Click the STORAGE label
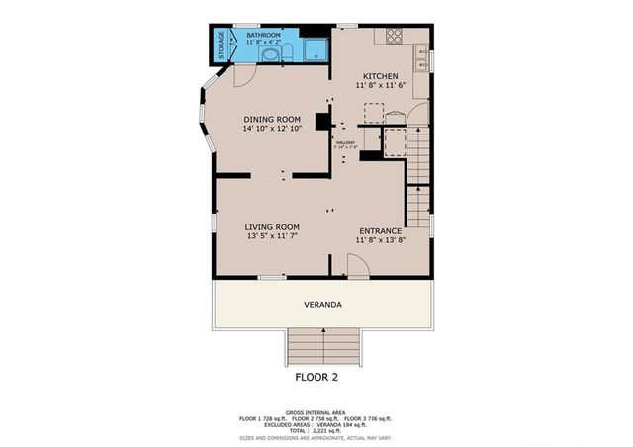[221, 44]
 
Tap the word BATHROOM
[263, 35]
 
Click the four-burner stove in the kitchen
[393, 35]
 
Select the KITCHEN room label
[380, 76]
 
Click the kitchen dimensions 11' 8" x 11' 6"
[380, 86]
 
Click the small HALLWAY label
[345, 143]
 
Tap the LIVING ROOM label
[272, 226]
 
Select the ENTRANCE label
[381, 229]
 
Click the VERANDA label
[322, 305]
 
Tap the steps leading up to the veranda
[322, 347]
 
